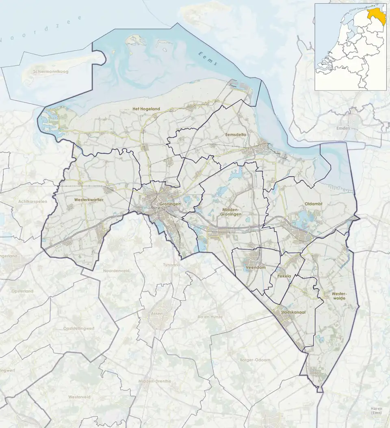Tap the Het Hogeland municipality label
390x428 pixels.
[x=146, y=109]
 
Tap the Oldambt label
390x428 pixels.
[x=313, y=204]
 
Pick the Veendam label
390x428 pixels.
[x=255, y=268]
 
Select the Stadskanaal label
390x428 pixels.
[x=293, y=313]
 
